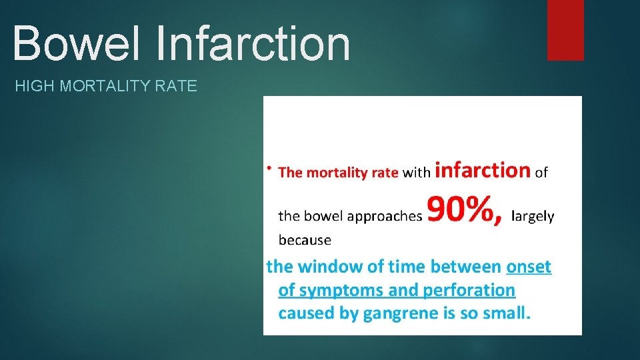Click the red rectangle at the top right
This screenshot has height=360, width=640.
565,30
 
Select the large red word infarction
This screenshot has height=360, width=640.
482,170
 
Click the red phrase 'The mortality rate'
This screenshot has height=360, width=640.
338,173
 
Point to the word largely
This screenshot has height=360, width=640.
532,216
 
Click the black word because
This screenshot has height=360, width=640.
304,239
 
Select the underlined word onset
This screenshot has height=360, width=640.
529,267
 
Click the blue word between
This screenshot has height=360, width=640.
465,267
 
